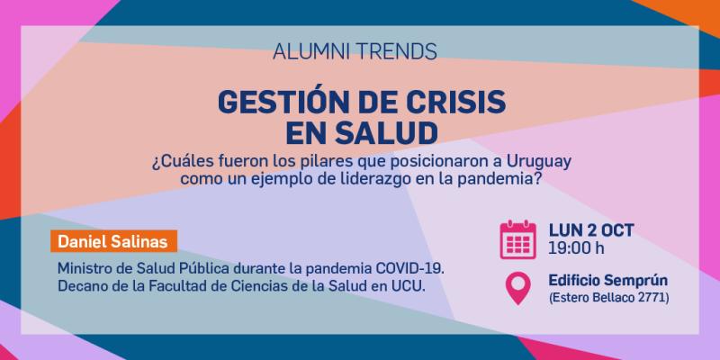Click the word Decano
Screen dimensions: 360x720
(x=82, y=285)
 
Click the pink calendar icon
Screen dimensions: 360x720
(x=517, y=238)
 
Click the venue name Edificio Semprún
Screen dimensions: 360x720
(x=610, y=280)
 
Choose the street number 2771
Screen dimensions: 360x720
(x=651, y=297)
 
